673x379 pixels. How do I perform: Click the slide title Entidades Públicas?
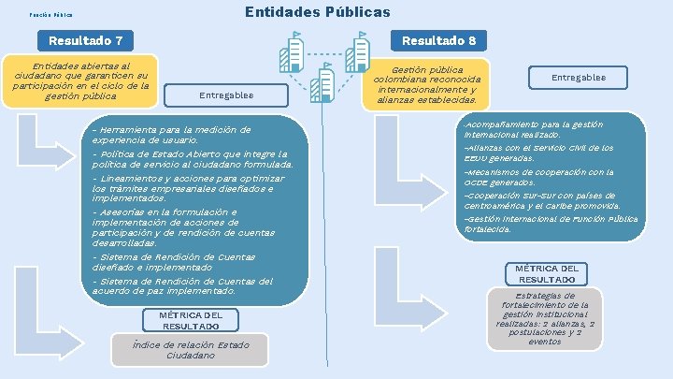point(317,12)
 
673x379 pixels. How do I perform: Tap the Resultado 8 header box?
point(438,41)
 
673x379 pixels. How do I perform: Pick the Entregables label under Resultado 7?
point(225,95)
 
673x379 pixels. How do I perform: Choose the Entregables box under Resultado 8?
point(578,78)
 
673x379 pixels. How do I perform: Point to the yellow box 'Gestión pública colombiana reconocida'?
point(426,85)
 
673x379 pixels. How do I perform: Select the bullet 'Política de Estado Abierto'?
point(192,159)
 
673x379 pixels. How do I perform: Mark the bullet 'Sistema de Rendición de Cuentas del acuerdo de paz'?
point(182,286)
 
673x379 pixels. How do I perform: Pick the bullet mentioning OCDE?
point(538,177)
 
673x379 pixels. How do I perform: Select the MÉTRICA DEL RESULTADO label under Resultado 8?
point(547,273)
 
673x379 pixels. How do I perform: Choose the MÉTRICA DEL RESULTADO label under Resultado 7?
point(191,320)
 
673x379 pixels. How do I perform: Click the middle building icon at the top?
point(325,83)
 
